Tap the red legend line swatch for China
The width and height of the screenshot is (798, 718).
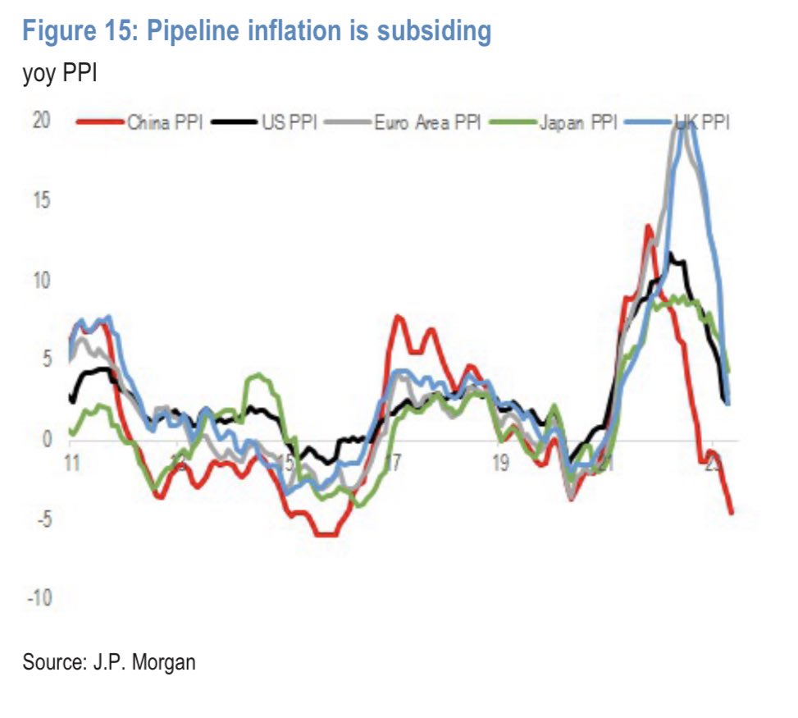pos(100,124)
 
